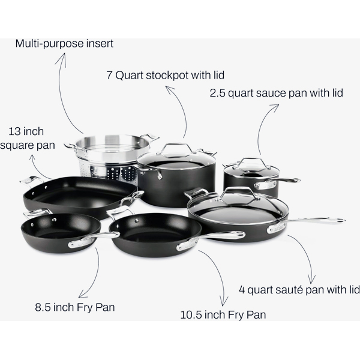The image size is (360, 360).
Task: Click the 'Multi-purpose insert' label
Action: pos(64,44)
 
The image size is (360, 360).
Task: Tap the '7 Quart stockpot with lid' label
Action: pos(166,76)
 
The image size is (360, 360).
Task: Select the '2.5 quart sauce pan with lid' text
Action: pos(276,93)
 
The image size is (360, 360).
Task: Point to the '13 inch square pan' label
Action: pos(27,139)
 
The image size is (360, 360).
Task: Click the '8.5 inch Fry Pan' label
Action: pos(74,307)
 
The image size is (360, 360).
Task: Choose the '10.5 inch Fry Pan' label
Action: pos(223,314)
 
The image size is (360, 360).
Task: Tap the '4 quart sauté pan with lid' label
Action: pos(299,290)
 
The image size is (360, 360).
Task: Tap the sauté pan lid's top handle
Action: pos(238,193)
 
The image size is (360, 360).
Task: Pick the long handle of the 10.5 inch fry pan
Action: pos(211,239)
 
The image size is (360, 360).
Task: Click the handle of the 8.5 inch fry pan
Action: pos(93,239)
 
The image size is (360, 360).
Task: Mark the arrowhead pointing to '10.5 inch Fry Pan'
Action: pos(223,301)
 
